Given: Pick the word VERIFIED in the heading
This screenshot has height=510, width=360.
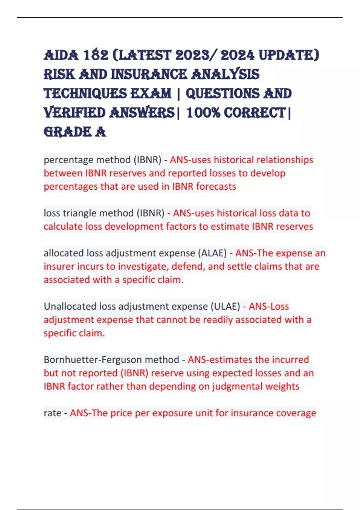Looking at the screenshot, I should click(x=74, y=113).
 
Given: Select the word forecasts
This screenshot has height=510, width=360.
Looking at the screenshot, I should click(x=216, y=187).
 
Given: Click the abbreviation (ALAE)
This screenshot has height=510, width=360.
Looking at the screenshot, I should click(x=212, y=253).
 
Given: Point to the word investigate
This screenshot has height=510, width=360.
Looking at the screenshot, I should click(x=146, y=266).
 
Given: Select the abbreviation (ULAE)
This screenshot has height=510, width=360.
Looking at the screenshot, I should click(x=225, y=307).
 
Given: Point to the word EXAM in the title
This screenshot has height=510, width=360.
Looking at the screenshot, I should click(x=151, y=94).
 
